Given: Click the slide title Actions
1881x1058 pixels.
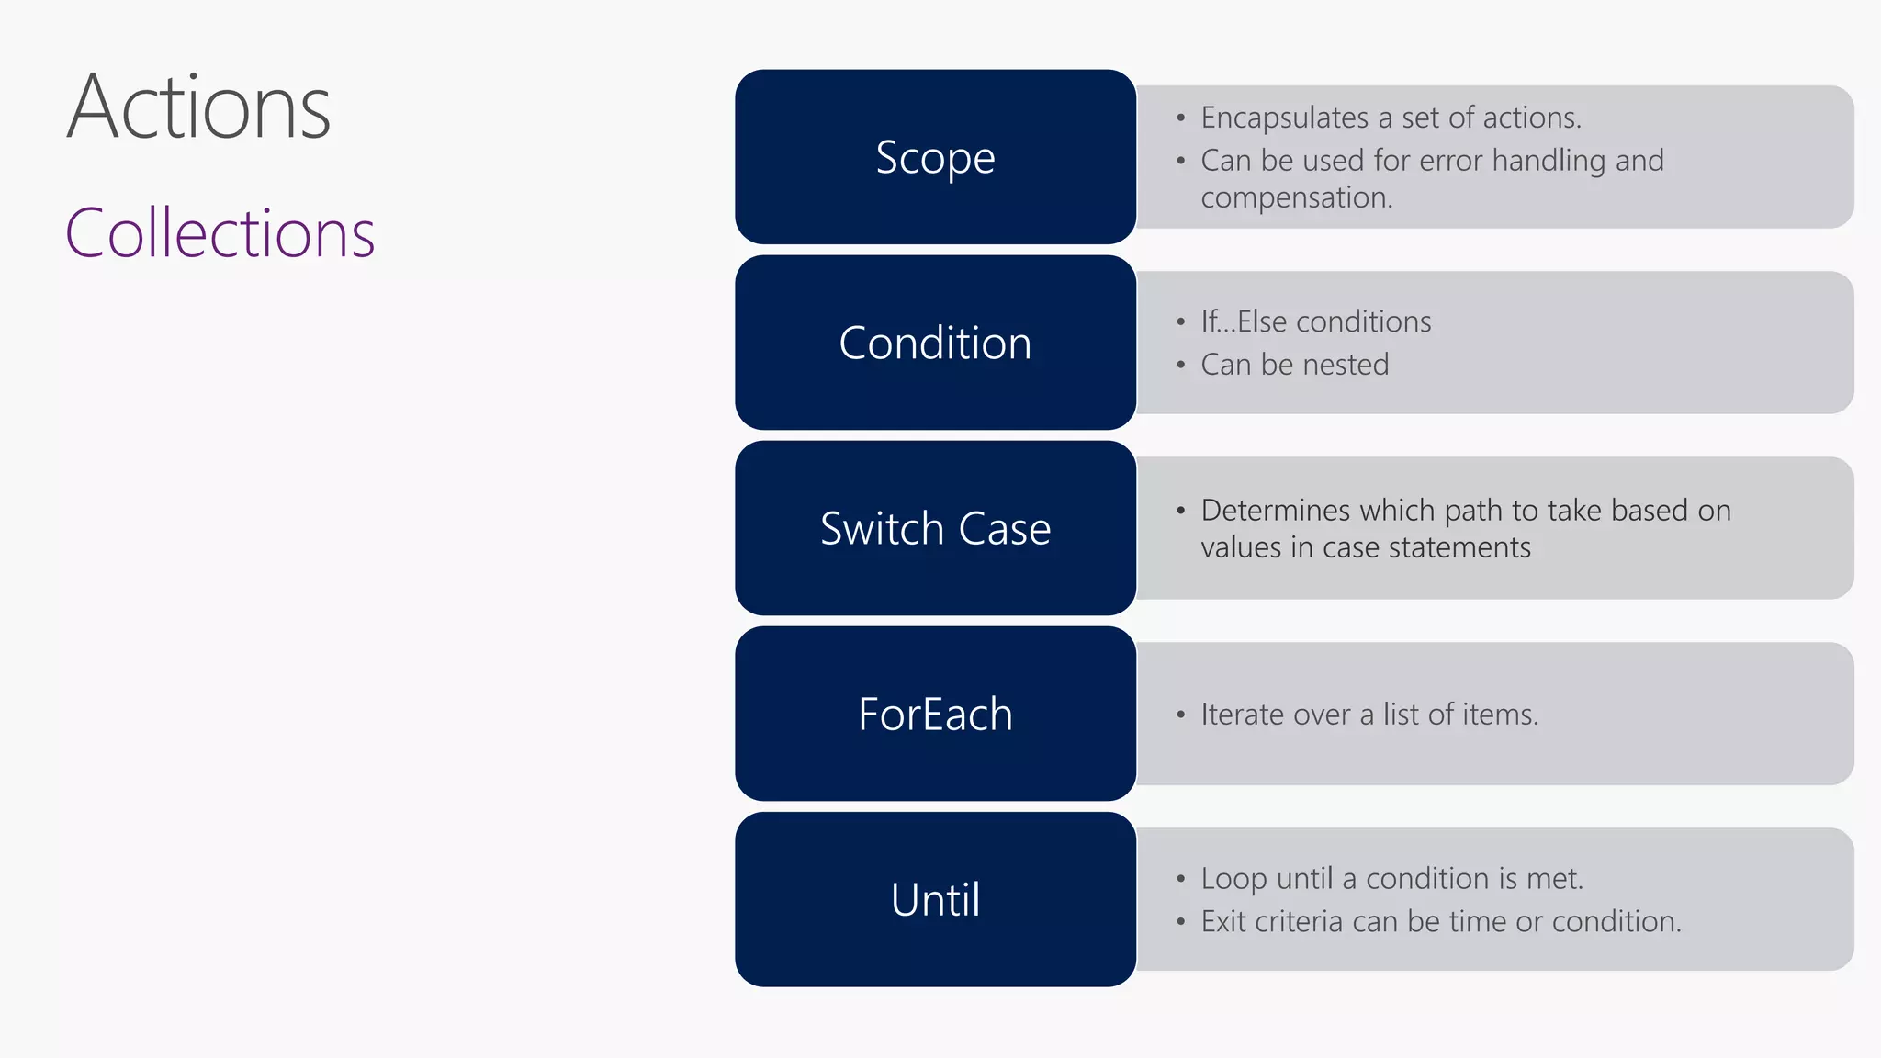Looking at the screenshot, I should coord(198,108).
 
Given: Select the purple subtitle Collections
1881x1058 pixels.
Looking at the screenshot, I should coord(220,233).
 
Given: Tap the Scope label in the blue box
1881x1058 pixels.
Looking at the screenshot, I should coord(935,158).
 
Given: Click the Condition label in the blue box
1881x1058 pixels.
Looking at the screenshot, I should coord(935,343).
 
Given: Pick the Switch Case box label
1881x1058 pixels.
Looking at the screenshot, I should coord(935,529).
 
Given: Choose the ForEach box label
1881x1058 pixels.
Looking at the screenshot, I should coord(935,715).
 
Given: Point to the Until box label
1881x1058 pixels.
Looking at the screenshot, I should coord(935,900).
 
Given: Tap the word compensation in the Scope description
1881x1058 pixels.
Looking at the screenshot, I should coord(1295,198).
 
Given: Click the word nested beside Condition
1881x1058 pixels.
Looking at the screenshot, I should coord(1346,365).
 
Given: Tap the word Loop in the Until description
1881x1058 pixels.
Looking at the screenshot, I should coord(1233,879).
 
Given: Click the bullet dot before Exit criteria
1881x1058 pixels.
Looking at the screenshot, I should coord(1180,921).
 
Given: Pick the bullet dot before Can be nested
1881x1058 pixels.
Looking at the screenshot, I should coord(1180,365).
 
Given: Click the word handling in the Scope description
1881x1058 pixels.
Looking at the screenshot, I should coord(1549,161).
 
